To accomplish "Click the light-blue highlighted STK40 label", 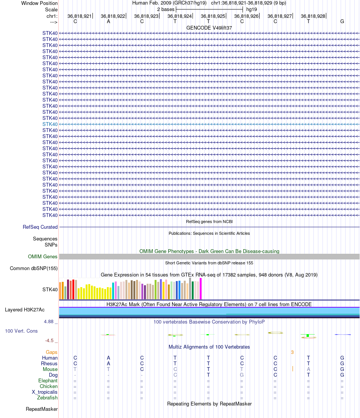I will pyautogui.click(x=50, y=124).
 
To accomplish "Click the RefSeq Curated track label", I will pyautogui.click(x=40, y=227).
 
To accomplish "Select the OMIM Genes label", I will pyautogui.click(x=43, y=257).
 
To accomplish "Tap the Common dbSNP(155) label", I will pyautogui.click(x=34, y=269).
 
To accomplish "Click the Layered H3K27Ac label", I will pyautogui.click(x=31, y=310).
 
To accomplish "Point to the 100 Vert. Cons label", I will pyautogui.click(x=21, y=331).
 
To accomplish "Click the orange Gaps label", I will pyautogui.click(x=52, y=352).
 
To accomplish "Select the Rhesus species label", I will pyautogui.click(x=49, y=364).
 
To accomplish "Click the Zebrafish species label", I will pyautogui.click(x=47, y=398).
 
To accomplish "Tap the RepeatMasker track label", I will pyautogui.click(x=42, y=409).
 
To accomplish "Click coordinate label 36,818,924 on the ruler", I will pyautogui.click(x=179, y=16).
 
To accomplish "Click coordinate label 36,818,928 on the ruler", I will pyautogui.click(x=313, y=16).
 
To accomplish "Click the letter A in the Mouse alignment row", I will pyautogui.click(x=308, y=369).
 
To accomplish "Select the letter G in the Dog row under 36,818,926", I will pyautogui.click(x=242, y=375).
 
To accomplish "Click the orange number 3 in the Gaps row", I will pyautogui.click(x=292, y=352).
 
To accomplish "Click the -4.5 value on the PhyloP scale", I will pyautogui.click(x=51, y=341).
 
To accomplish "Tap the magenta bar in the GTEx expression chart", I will pyautogui.click(x=200, y=289).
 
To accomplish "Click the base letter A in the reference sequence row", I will pyautogui.click(x=108, y=21).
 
